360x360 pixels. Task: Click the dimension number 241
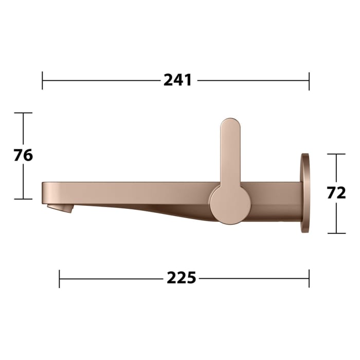pyautogui.click(x=177, y=80)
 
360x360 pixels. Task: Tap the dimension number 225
pyautogui.click(x=181, y=278)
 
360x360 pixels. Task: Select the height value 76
pyautogui.click(x=23, y=155)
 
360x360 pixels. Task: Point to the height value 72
pyautogui.click(x=336, y=193)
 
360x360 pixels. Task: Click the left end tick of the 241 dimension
pyautogui.click(x=43, y=81)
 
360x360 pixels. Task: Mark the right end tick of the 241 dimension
pyautogui.click(x=309, y=81)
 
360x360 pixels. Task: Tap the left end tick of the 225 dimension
pyautogui.click(x=60, y=279)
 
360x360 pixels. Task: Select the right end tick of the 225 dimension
pyautogui.click(x=309, y=279)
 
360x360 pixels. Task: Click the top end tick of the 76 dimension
pyautogui.click(x=23, y=113)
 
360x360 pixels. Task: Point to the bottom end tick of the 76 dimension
pyautogui.click(x=23, y=199)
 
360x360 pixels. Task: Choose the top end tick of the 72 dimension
pyautogui.click(x=336, y=154)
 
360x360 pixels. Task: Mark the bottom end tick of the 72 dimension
pyautogui.click(x=336, y=233)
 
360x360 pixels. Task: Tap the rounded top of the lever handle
pyautogui.click(x=229, y=126)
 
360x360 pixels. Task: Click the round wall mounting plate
pyautogui.click(x=305, y=193)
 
